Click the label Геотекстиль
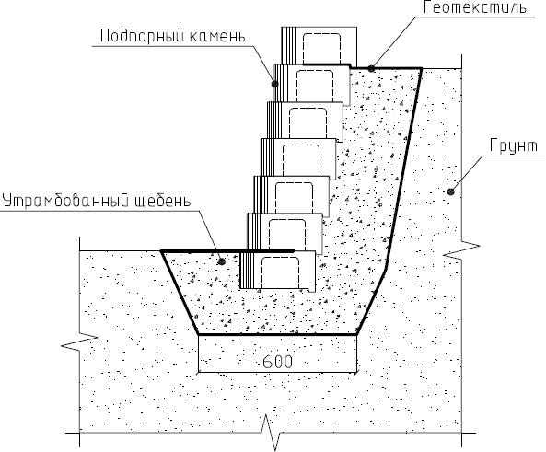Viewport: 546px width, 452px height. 474,7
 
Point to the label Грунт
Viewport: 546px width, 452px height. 513,145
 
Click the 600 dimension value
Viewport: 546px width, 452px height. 277,362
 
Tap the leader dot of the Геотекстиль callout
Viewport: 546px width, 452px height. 372,69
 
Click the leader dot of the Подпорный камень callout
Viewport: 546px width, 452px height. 274,84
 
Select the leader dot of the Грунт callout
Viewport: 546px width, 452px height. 451,191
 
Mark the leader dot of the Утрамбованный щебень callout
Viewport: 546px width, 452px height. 221,261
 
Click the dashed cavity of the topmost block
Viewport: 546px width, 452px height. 321,49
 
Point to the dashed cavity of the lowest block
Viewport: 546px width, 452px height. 280,272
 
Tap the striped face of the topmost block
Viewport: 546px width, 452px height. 288,46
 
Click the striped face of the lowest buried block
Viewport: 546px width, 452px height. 247,271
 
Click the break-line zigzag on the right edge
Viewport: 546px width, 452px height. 461,250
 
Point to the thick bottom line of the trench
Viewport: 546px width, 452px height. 277,335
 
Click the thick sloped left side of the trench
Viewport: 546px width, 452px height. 180,293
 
